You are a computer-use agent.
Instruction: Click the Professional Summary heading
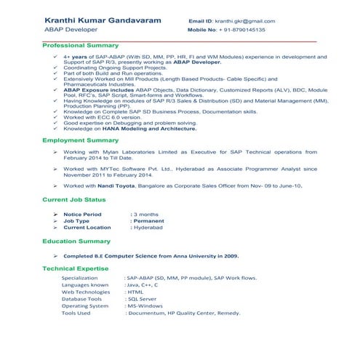click(81, 46)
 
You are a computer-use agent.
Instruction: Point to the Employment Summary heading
click(80, 140)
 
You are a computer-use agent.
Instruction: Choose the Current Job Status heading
click(73, 199)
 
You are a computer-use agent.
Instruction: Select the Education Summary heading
click(76, 241)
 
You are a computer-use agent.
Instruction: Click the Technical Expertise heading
click(75, 268)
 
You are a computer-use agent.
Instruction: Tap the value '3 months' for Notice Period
click(146, 215)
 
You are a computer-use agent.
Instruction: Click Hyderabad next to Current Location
click(148, 228)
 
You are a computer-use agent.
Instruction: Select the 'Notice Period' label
click(82, 215)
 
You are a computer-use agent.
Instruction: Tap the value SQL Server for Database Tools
click(142, 299)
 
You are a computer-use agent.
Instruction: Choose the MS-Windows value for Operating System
click(145, 306)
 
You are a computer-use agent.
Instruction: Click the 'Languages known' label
click(85, 285)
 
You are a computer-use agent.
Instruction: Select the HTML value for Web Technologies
click(135, 292)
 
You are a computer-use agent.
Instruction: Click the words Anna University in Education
click(187, 256)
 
